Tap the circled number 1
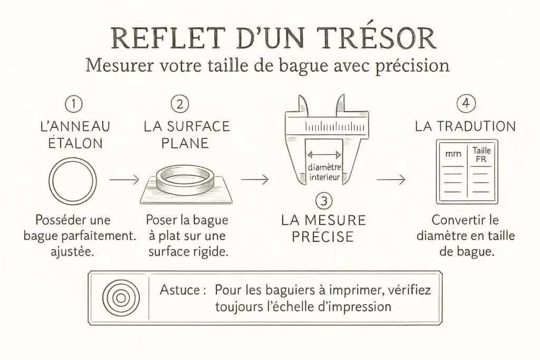(73, 104)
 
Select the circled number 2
(180, 104)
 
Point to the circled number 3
(324, 201)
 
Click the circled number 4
(466, 103)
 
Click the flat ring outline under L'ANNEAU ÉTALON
(50, 181)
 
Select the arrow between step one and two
(124, 179)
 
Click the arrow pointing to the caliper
(255, 179)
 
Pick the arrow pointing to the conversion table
(391, 179)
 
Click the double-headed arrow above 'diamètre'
(324, 154)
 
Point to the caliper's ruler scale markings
(334, 127)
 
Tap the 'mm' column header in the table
(453, 154)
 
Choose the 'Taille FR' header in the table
(481, 155)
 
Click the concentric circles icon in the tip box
(121, 298)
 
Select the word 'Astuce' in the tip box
(179, 290)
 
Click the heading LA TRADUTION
(465, 127)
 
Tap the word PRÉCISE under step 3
(323, 237)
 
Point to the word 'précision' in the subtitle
(412, 65)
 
